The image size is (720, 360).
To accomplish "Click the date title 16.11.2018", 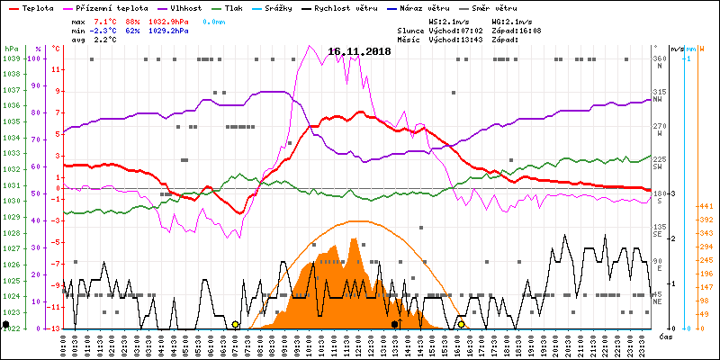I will (359, 52).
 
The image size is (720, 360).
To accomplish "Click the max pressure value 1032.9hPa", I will (169, 21).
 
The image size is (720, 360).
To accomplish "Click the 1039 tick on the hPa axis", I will (11, 58).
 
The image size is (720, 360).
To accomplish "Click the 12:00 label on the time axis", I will (358, 344).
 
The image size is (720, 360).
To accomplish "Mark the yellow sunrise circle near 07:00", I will (236, 324).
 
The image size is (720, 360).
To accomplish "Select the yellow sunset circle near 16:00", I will (462, 324).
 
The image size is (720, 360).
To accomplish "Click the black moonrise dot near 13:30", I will (394, 324).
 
